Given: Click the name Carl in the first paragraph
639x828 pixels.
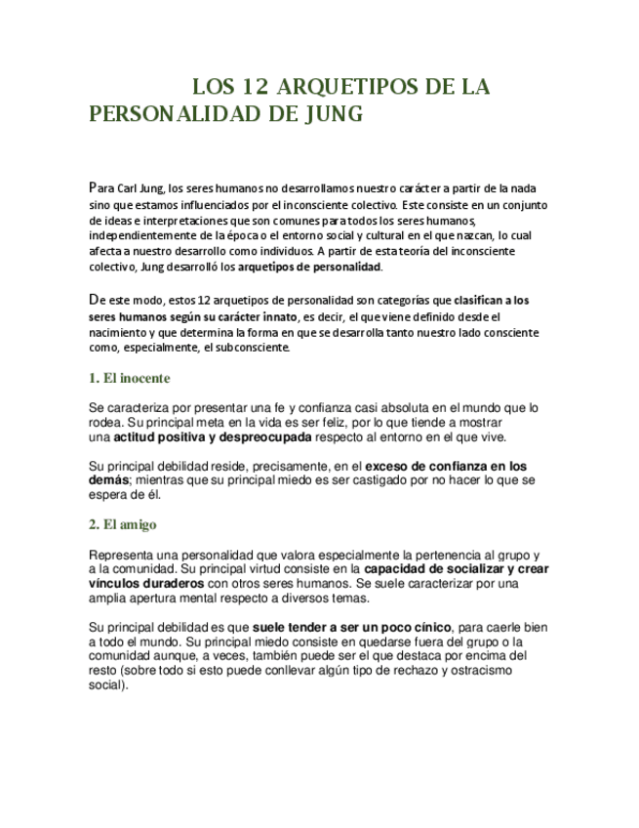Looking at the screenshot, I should tap(131, 187).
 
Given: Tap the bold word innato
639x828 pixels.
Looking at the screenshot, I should tap(274, 316).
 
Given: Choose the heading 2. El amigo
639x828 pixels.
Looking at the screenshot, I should tap(122, 524).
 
